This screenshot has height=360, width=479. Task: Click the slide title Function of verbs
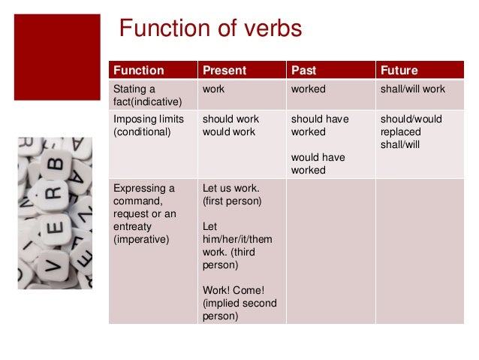point(211,29)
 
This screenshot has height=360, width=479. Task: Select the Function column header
point(138,71)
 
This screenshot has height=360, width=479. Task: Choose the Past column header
point(304,71)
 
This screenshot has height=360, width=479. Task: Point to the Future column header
point(399,71)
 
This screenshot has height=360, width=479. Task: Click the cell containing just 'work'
point(214,89)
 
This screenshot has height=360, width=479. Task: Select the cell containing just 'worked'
point(309,89)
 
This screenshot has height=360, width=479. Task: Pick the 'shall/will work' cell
point(413,89)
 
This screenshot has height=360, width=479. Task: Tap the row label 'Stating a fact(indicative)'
point(146,95)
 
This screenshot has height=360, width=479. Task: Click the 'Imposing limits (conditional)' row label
point(143,126)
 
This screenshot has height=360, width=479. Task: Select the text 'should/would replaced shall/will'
point(411,132)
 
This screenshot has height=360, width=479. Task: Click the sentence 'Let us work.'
point(230,188)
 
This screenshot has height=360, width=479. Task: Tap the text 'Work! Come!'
point(233,290)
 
